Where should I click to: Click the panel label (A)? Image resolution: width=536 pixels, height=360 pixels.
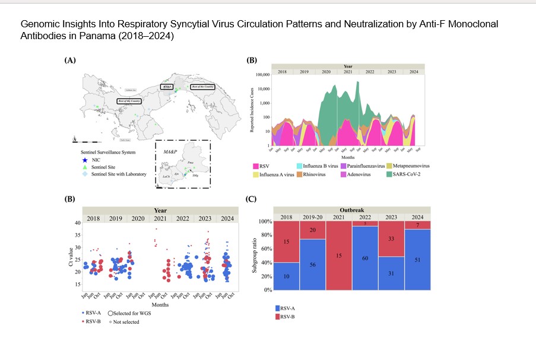tap(70, 60)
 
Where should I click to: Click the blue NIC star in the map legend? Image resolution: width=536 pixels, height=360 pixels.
tap(84, 160)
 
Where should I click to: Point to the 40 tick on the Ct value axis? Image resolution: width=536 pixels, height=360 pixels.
tap(78, 223)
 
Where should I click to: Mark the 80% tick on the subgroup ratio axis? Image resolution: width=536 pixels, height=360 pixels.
tap(264, 235)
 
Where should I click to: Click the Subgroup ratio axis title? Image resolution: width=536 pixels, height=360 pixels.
tap(252, 256)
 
